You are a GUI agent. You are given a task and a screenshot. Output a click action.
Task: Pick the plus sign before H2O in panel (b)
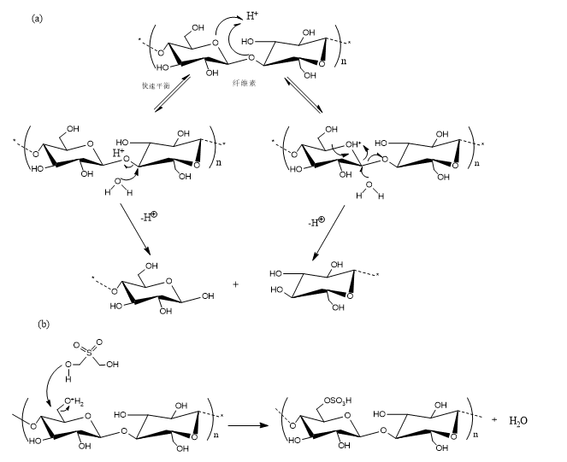[494, 419]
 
